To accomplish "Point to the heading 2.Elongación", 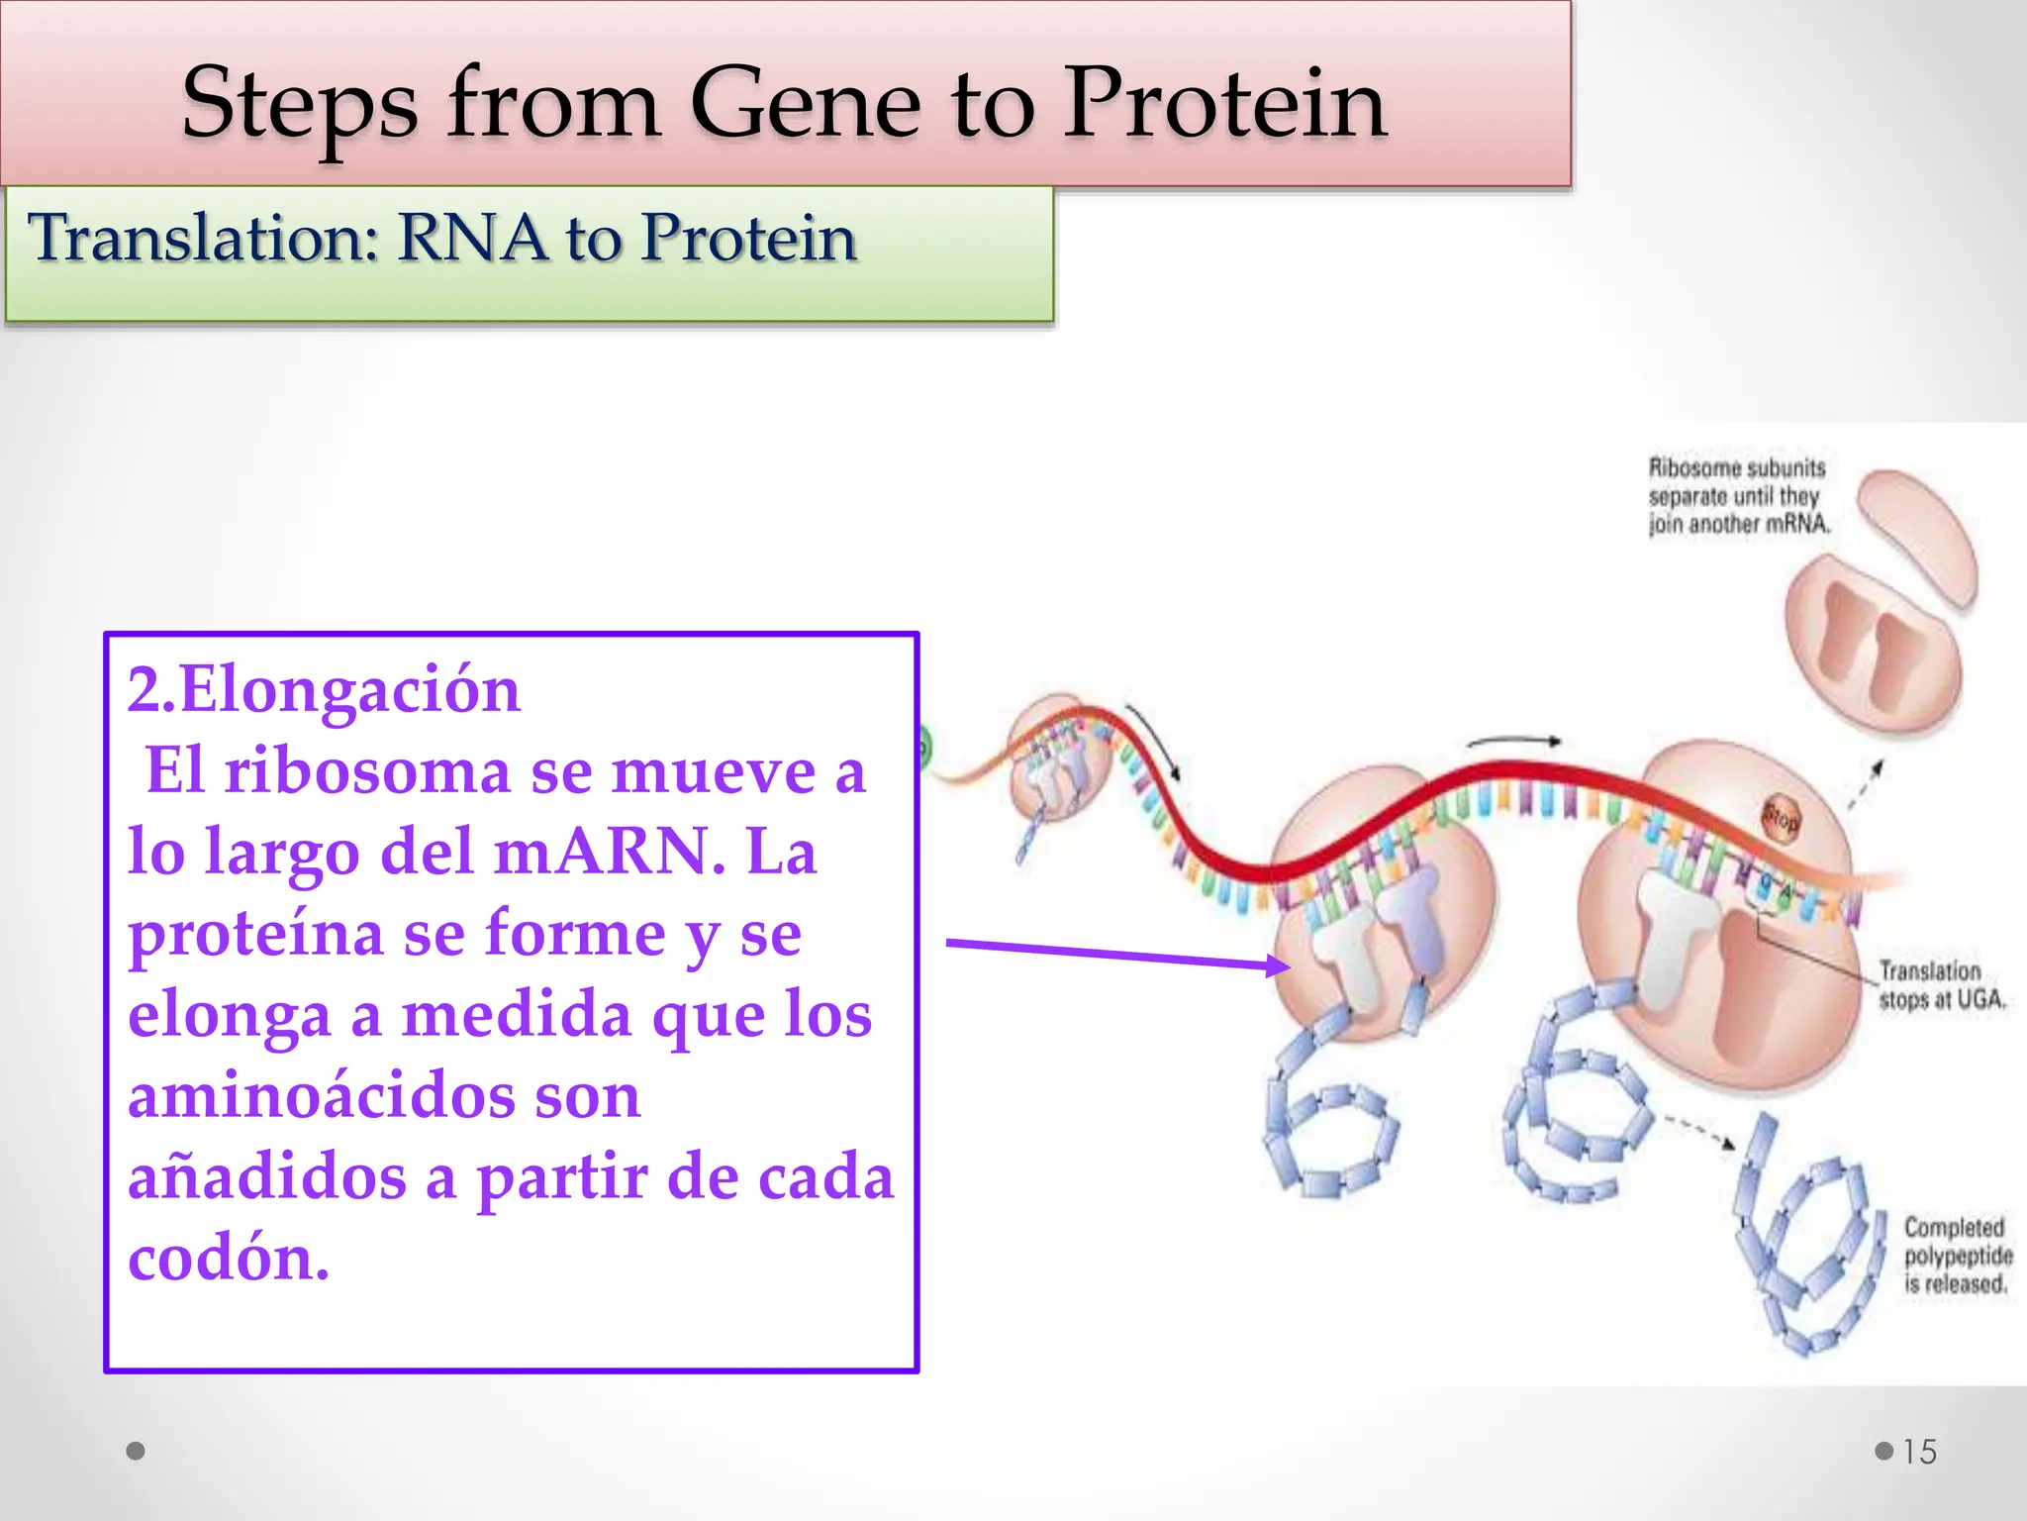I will point(324,690).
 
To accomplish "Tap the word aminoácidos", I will point(384,1096).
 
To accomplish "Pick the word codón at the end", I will point(228,1259).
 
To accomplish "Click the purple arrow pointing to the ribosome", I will point(1118,954).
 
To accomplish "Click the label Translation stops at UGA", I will point(1941,985).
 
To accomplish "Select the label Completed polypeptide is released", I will point(1957,1256).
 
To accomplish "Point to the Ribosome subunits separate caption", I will point(1737,495).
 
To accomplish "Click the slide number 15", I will point(1919,1452).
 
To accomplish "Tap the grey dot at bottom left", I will point(137,1451).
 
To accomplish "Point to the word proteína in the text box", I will point(255,934).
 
